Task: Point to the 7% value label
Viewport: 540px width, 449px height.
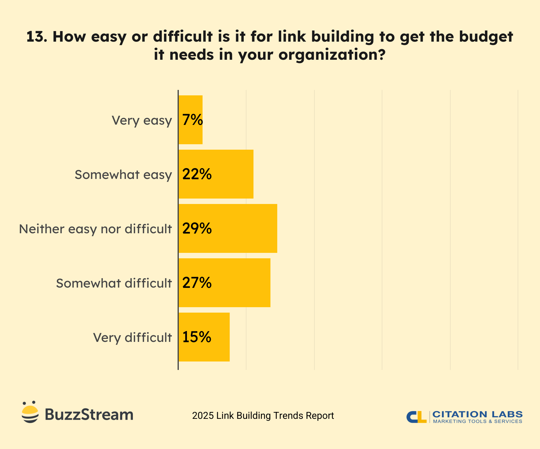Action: pyautogui.click(x=192, y=120)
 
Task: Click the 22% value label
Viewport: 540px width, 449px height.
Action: pyautogui.click(x=197, y=174)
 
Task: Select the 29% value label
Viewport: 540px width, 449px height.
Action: pyautogui.click(x=197, y=228)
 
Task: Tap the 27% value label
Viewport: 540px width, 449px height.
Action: pyautogui.click(x=197, y=283)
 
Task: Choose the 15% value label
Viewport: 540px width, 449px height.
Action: pyautogui.click(x=197, y=337)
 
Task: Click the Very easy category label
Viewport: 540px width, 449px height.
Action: pyautogui.click(x=142, y=120)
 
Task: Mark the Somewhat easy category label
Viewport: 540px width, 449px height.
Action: pyautogui.click(x=123, y=175)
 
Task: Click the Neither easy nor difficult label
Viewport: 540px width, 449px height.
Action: pyautogui.click(x=95, y=229)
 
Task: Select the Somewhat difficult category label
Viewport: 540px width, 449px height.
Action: pyautogui.click(x=114, y=283)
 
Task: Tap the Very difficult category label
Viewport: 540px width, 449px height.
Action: pyautogui.click(x=132, y=338)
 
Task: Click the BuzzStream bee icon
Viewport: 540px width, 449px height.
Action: pyautogui.click(x=30, y=412)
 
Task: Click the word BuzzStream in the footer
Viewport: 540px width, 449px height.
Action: pyautogui.click(x=89, y=415)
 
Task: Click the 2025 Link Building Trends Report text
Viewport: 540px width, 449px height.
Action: pyautogui.click(x=263, y=416)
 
